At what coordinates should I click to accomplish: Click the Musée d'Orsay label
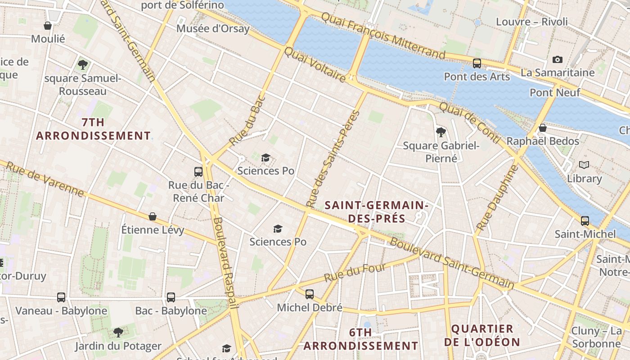[x=213, y=29]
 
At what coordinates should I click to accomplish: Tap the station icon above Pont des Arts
[x=477, y=63]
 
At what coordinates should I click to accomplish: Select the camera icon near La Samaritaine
[x=558, y=59]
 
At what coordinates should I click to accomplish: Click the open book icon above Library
[x=584, y=165]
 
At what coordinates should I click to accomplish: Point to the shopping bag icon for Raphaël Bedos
[x=543, y=128]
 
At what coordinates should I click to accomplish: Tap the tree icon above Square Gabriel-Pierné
[x=441, y=132]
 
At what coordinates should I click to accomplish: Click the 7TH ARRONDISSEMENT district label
[x=93, y=129]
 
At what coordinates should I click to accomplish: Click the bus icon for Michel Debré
[x=310, y=294]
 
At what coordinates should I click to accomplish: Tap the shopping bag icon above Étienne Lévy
[x=153, y=216]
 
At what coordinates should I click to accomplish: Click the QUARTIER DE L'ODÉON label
[x=482, y=335]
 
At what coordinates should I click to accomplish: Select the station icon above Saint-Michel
[x=585, y=220]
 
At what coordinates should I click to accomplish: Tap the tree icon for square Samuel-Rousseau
[x=83, y=64]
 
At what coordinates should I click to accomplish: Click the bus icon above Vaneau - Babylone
[x=61, y=297]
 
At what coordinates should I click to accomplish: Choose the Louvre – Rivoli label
[x=532, y=22]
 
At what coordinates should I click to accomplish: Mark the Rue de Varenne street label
[x=45, y=179]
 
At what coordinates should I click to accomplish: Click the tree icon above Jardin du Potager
[x=118, y=333]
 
